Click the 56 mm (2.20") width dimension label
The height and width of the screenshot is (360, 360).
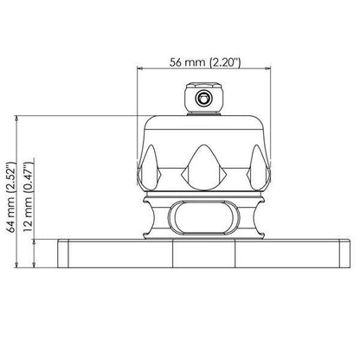tap(204, 62)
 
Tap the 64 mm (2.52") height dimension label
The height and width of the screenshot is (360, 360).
tap(11, 197)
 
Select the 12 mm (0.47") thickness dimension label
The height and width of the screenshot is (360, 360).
tap(29, 197)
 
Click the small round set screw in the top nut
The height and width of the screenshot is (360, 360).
tap(203, 99)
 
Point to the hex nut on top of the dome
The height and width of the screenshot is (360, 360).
tap(203, 98)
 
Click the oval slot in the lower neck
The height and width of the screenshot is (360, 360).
tap(203, 217)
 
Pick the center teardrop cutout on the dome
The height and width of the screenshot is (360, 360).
tap(203, 168)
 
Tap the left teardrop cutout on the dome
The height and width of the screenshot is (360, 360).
tap(150, 168)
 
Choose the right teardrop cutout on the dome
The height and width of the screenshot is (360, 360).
tap(257, 168)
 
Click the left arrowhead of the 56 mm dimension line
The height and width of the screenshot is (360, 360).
tap(140, 68)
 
